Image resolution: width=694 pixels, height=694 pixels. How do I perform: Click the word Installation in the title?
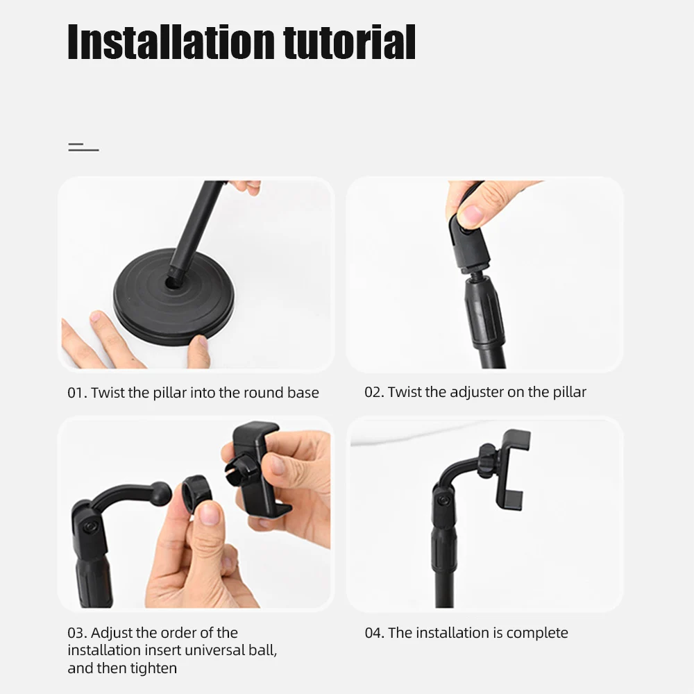click(x=171, y=42)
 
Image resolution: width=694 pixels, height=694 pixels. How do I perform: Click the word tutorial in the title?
click(x=350, y=42)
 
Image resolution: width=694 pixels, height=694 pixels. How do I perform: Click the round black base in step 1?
click(x=174, y=301)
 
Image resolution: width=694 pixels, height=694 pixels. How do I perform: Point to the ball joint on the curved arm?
click(x=161, y=493)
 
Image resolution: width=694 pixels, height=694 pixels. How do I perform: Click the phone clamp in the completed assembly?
click(x=509, y=468)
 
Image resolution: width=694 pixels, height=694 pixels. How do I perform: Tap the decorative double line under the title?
click(x=83, y=147)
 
